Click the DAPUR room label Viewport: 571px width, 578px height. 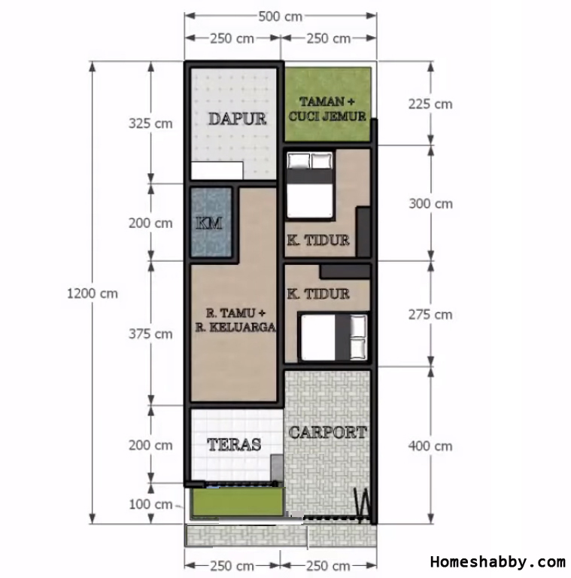(237, 119)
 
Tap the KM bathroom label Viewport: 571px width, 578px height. (209, 223)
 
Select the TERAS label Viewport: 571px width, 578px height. (234, 445)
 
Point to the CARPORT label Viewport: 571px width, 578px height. (327, 432)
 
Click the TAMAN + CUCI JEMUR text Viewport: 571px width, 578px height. (327, 108)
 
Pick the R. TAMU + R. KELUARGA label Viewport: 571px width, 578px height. (235, 320)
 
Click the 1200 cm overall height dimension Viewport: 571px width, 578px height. (93, 294)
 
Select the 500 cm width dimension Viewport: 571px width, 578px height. (281, 17)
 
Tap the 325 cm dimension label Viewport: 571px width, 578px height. (150, 123)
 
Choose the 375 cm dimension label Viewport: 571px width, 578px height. (150, 334)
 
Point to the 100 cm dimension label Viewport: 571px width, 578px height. (150, 504)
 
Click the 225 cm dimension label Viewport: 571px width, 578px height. (430, 104)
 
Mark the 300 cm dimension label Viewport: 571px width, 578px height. (430, 203)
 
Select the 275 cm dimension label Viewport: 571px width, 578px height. (430, 315)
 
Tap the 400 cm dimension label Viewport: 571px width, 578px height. (430, 446)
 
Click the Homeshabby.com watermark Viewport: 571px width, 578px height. (498, 561)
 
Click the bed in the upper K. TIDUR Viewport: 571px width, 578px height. (310, 185)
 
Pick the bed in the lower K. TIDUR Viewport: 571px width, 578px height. (334, 337)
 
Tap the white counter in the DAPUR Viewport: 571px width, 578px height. (217, 171)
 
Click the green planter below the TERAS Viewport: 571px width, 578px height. (238, 502)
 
